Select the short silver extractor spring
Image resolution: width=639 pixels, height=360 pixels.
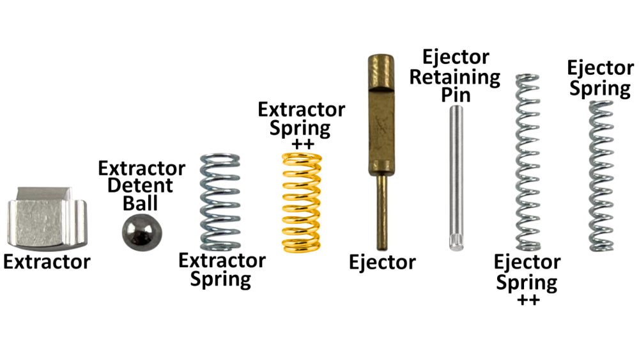tap(221, 201)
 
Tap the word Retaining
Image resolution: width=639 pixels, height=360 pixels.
tap(455, 77)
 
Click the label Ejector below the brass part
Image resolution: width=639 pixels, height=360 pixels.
tap(383, 262)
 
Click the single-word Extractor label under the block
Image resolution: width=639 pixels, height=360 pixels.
tap(47, 262)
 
